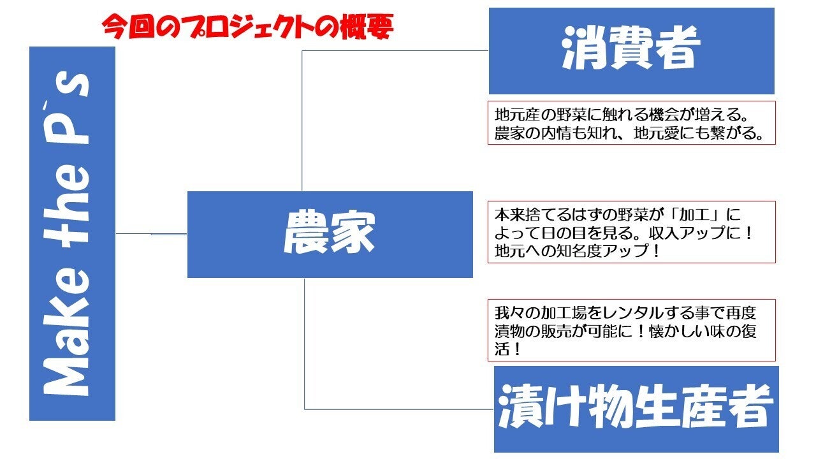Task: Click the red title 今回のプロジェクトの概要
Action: click(247, 27)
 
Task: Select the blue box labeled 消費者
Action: click(631, 51)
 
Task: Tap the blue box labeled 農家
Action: click(330, 234)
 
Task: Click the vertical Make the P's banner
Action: click(72, 233)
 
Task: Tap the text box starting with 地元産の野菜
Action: click(631, 123)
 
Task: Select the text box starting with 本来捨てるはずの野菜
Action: click(631, 232)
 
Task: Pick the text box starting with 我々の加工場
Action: click(631, 330)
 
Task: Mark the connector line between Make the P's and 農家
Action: click(151, 234)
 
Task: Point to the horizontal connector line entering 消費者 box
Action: click(395, 51)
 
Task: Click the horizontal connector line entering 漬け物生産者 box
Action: click(399, 409)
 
